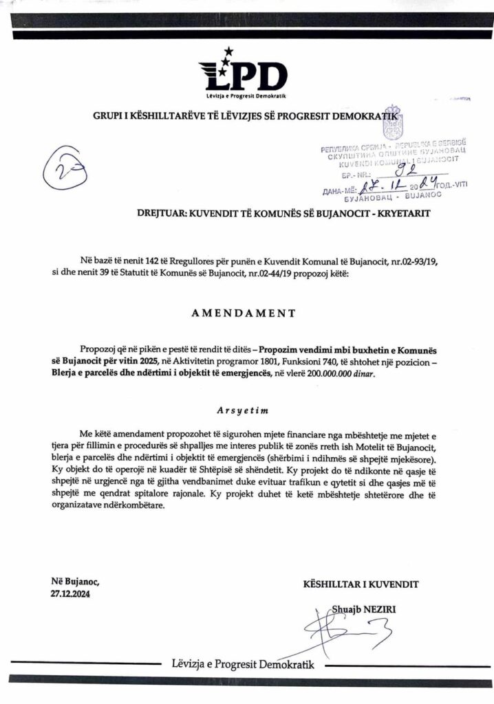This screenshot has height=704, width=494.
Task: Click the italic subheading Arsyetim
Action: (246, 409)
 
